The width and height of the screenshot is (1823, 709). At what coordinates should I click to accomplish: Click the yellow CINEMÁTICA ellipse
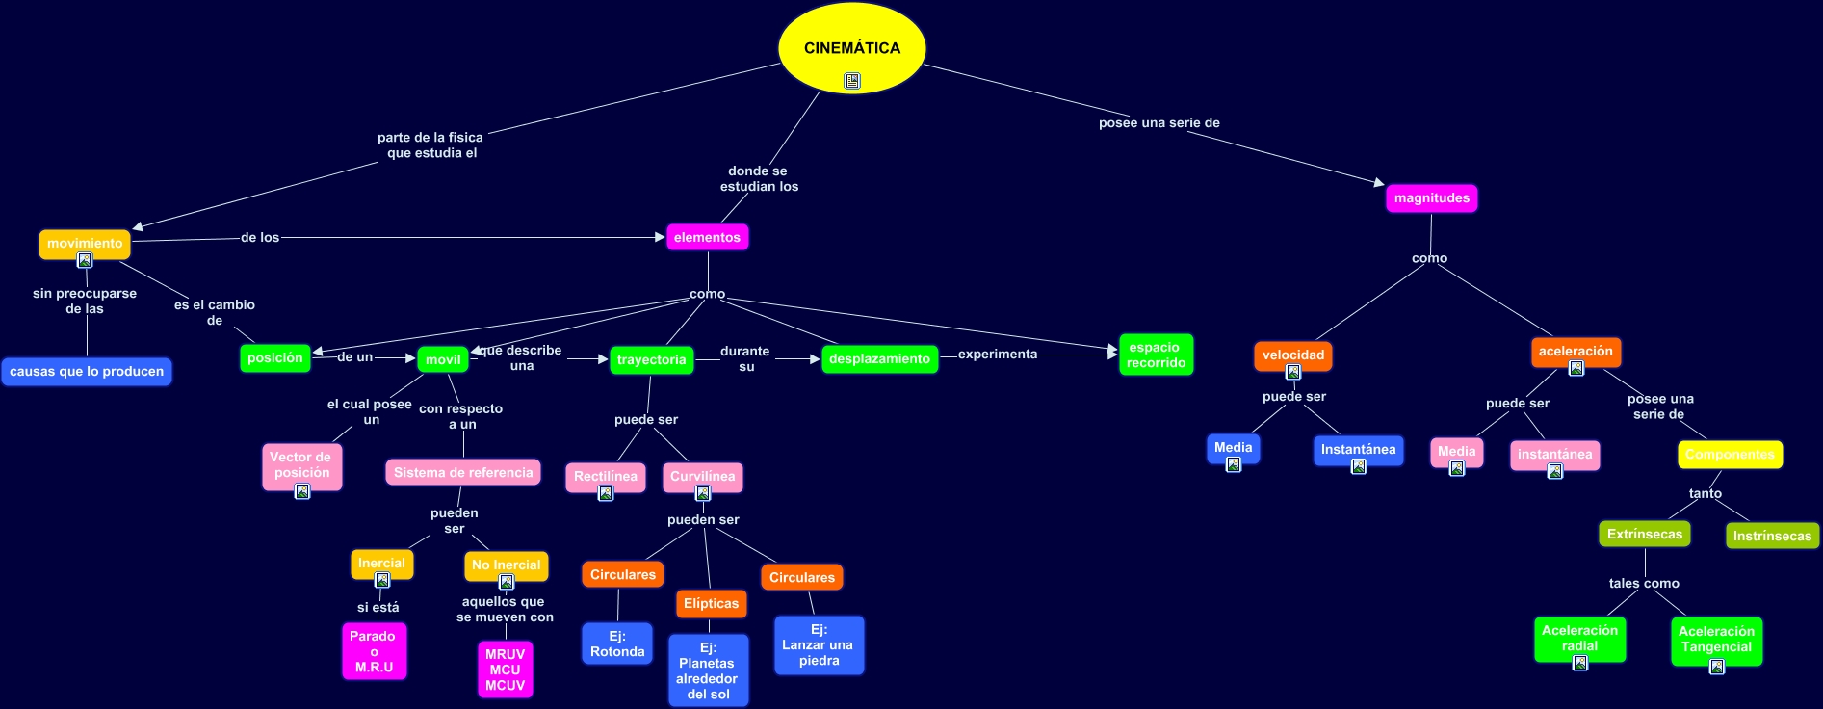851,43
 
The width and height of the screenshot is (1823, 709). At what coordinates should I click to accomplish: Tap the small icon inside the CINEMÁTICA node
852,81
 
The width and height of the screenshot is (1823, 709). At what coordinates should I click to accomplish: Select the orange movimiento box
85,244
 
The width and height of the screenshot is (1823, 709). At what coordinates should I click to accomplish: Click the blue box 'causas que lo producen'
87,372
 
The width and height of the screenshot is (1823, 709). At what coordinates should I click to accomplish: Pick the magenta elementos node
707,237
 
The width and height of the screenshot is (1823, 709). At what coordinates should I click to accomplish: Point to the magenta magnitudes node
1431,198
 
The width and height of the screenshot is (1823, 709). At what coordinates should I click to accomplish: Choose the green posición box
274,358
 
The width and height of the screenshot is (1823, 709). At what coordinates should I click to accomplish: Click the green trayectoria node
651,360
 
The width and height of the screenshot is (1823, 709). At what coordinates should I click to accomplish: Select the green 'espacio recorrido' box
1156,355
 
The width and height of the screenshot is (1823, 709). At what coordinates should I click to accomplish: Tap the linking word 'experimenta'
998,354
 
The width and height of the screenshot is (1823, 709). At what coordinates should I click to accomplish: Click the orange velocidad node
1292,355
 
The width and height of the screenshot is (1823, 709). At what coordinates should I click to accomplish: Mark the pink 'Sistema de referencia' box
463,473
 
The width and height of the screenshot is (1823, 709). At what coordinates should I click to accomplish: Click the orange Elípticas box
711,604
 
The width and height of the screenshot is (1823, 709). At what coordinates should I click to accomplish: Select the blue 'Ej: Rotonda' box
617,643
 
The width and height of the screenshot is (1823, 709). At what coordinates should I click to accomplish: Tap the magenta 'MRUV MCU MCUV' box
505,670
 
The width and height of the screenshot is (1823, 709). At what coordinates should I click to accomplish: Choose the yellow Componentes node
1730,455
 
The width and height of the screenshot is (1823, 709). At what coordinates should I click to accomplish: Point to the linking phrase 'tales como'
1644,584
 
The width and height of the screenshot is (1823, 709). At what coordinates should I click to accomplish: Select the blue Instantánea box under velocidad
1358,450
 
